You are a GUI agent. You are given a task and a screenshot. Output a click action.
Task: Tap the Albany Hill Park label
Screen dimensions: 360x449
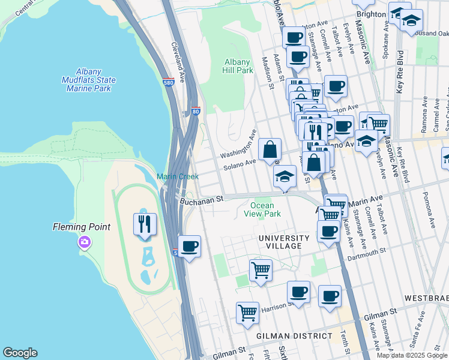click(x=238, y=66)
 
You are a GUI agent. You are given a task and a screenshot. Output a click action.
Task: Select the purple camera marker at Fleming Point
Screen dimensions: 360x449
click(x=84, y=242)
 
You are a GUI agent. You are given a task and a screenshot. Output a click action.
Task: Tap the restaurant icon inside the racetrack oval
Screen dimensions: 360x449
click(x=145, y=224)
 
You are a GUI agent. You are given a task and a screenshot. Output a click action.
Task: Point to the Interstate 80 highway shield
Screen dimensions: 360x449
click(x=196, y=111)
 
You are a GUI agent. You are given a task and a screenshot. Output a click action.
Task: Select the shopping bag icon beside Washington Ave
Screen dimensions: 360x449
click(x=270, y=149)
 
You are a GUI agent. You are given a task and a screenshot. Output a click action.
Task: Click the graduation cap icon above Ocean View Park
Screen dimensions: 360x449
click(x=285, y=176)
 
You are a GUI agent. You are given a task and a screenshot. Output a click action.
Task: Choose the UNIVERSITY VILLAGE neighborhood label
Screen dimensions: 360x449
click(x=284, y=238)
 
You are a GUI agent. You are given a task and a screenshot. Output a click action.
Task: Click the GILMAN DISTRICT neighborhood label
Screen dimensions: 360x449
click(x=294, y=336)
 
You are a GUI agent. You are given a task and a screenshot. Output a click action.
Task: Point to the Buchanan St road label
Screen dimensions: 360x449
click(x=201, y=198)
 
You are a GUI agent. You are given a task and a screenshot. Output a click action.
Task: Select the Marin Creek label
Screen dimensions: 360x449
click(x=178, y=176)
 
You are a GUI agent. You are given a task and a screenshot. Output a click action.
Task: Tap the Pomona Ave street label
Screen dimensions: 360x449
click(x=430, y=214)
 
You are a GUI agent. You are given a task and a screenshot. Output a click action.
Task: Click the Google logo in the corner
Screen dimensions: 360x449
click(x=20, y=353)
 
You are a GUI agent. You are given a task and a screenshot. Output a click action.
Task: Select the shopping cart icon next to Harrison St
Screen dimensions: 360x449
click(x=247, y=313)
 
